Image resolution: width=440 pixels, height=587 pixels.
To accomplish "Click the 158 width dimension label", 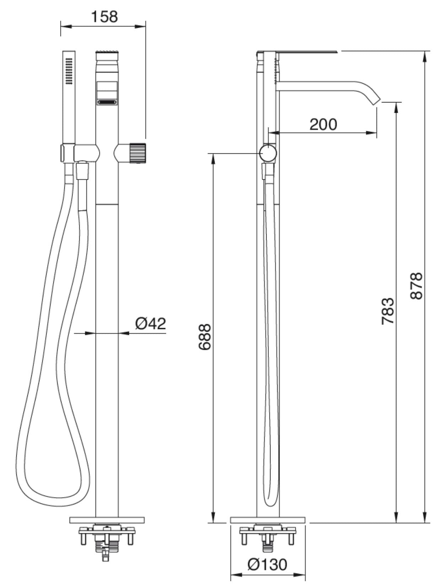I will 104,16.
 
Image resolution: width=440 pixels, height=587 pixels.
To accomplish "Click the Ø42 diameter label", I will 150,323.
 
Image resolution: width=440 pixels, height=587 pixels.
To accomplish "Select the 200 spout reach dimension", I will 323,124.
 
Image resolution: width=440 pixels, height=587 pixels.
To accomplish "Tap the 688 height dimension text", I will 205,337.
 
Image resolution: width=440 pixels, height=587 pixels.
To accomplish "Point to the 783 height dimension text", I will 388,311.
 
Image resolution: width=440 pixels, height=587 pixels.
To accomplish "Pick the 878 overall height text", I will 416,286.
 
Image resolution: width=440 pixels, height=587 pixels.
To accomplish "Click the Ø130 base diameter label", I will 268,564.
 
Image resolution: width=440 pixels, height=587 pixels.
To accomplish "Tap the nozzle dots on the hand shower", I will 69,71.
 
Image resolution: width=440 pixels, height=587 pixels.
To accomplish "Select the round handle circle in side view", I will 268,153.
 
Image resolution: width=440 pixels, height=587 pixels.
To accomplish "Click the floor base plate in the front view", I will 107,520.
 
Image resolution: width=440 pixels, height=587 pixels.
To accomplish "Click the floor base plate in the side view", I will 268,520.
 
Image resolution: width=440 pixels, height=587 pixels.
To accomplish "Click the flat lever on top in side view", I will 299,52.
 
